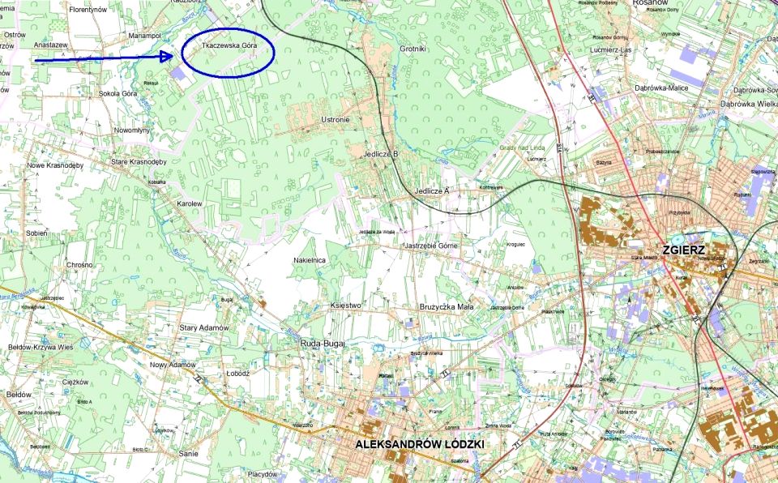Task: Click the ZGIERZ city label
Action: (684, 250)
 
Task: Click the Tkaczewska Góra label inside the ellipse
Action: (229, 46)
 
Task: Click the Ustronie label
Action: (336, 120)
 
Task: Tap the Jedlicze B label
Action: (381, 154)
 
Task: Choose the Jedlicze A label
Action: (431, 190)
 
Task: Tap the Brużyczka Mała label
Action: (447, 307)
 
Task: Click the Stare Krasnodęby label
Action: (139, 162)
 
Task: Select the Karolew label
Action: (189, 204)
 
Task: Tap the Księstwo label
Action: (345, 305)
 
